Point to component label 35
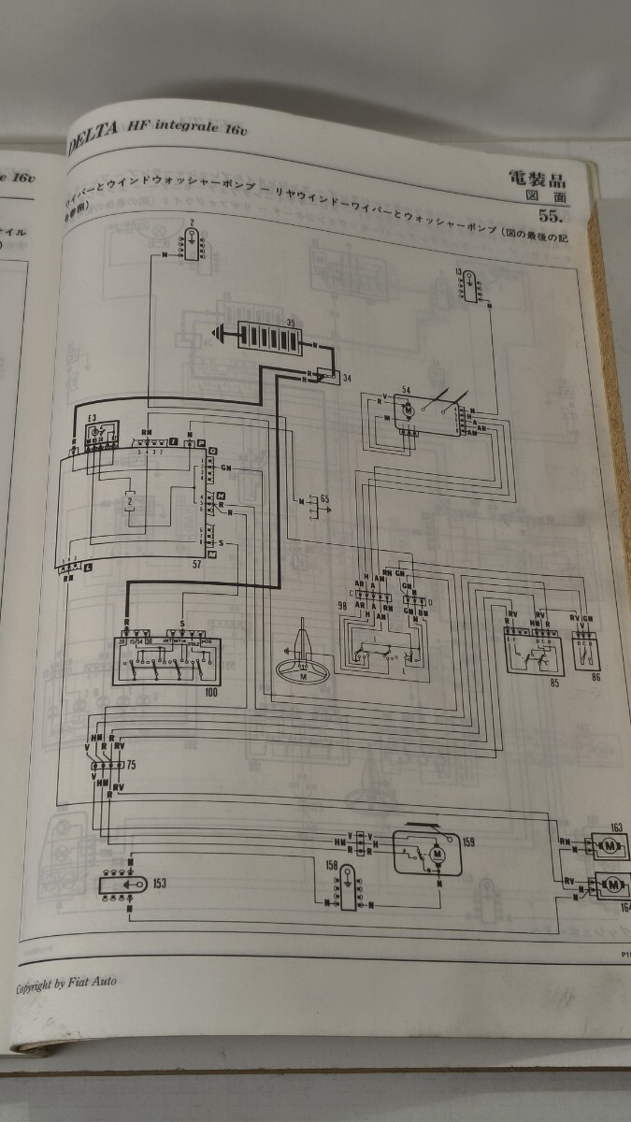(x=291, y=322)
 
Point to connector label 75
(x=131, y=765)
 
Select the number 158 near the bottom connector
(x=331, y=867)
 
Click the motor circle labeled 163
(x=609, y=846)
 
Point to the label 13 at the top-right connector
(x=459, y=272)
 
